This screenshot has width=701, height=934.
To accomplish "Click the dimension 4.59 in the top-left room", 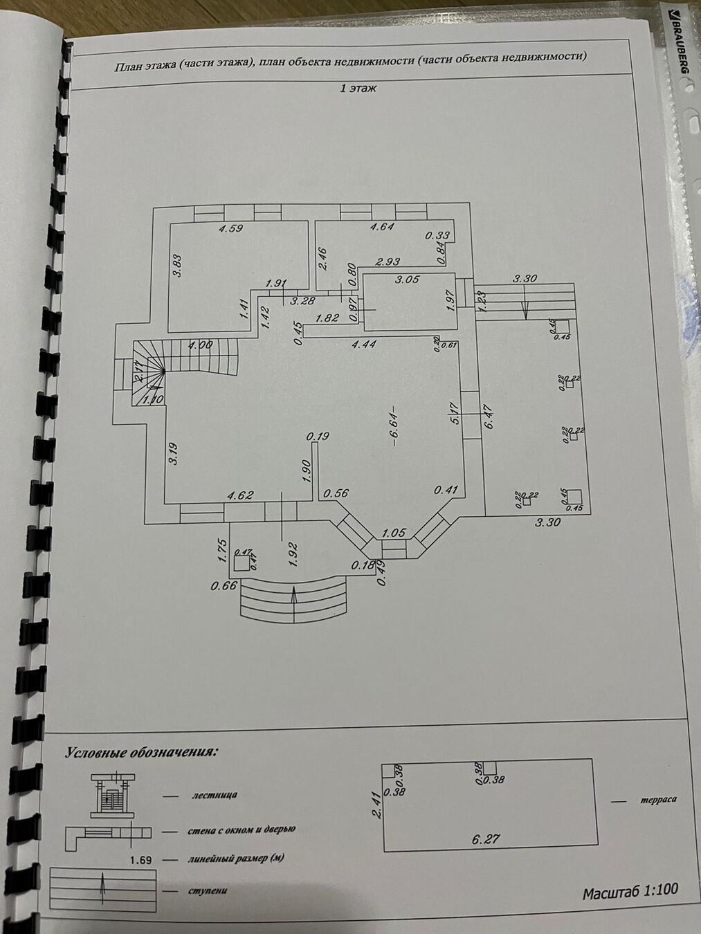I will (230, 228).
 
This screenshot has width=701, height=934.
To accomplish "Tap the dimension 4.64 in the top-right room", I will (382, 226).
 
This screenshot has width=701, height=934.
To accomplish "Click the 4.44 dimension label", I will (363, 344).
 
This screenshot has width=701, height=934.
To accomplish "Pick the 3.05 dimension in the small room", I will (406, 280).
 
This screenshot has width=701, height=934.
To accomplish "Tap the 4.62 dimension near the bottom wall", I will (240, 495).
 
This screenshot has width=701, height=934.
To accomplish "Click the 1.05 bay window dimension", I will (394, 533).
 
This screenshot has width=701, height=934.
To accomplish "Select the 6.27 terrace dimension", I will (486, 839).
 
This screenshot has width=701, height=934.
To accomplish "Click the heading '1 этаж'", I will (358, 89).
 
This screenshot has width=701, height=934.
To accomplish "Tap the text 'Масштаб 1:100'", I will (630, 892).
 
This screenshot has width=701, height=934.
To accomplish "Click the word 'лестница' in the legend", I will (215, 795).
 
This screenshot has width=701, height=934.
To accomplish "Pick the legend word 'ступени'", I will (208, 890).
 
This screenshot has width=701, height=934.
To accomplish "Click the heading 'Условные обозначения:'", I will (140, 752).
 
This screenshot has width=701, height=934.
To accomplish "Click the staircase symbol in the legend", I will (110, 794).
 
